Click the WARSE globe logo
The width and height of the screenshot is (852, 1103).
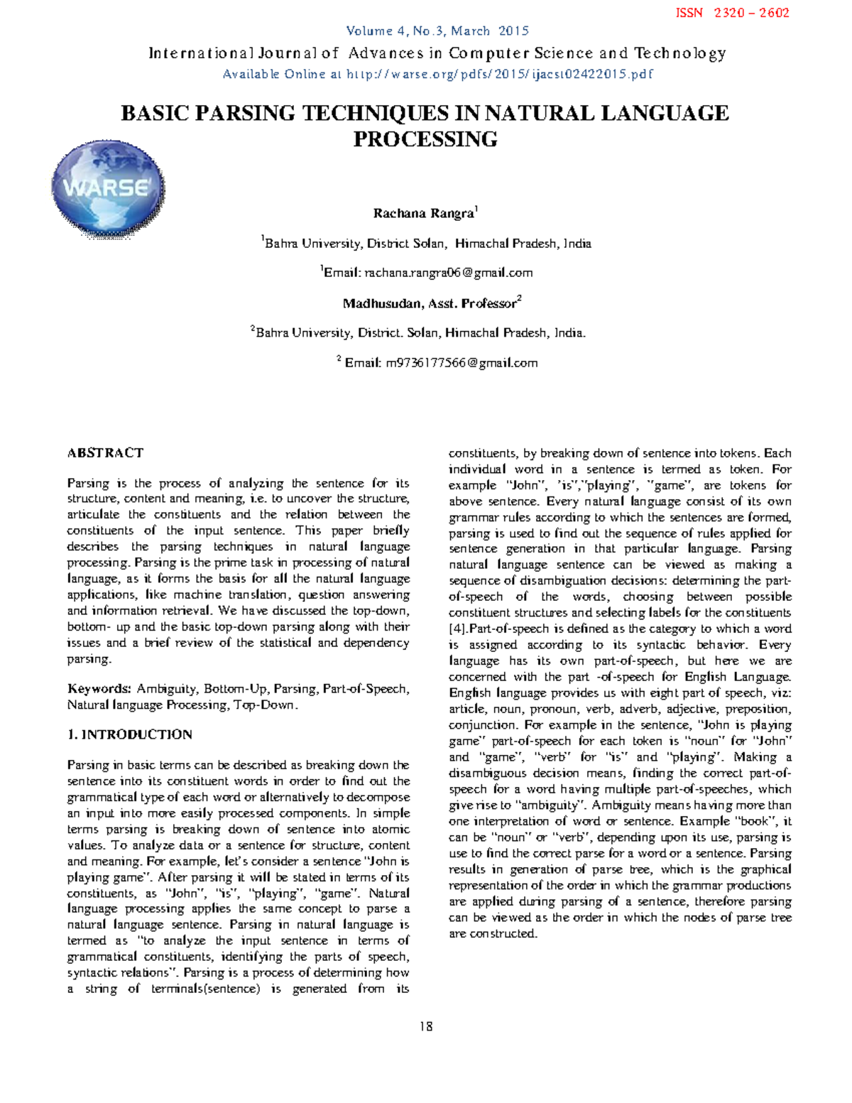[x=108, y=189]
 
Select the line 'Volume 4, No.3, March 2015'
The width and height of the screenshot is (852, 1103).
[x=437, y=31]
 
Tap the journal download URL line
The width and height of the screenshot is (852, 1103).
[x=437, y=74]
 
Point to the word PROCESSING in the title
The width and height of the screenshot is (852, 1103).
[x=425, y=139]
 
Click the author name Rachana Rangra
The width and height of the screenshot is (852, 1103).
[x=423, y=214]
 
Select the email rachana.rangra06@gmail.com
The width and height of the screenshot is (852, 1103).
[x=448, y=273]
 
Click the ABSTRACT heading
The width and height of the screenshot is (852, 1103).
[x=105, y=453]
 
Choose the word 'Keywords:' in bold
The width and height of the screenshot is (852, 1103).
[x=99, y=689]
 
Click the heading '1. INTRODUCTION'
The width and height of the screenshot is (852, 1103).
[x=130, y=734]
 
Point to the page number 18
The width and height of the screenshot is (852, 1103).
[x=426, y=1026]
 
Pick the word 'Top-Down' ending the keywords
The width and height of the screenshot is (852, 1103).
[x=263, y=705]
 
